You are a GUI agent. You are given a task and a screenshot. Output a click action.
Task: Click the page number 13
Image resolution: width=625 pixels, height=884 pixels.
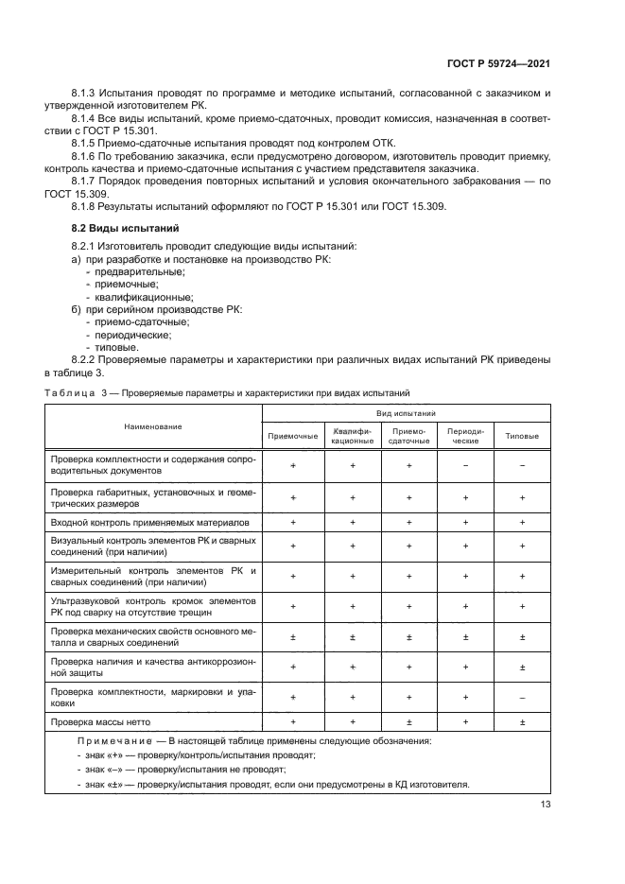point(545,804)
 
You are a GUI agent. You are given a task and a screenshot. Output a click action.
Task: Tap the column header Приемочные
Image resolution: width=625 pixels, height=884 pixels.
point(293,436)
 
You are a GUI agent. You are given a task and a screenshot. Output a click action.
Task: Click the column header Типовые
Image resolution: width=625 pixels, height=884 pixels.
point(522,436)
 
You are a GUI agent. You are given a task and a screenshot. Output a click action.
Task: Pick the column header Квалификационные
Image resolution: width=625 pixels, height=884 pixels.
point(352,436)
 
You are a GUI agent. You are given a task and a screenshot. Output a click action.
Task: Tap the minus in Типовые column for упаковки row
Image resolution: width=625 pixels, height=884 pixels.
point(522,697)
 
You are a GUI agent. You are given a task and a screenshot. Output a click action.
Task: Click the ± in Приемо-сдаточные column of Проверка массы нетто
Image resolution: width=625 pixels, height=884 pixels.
point(408,722)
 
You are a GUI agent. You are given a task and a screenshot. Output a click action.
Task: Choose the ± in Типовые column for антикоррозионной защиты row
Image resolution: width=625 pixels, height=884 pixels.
point(522,667)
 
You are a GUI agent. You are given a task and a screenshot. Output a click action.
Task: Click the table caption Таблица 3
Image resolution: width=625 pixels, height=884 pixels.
point(76,392)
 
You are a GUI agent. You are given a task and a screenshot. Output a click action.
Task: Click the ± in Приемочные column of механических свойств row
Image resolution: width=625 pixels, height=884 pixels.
point(293,637)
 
